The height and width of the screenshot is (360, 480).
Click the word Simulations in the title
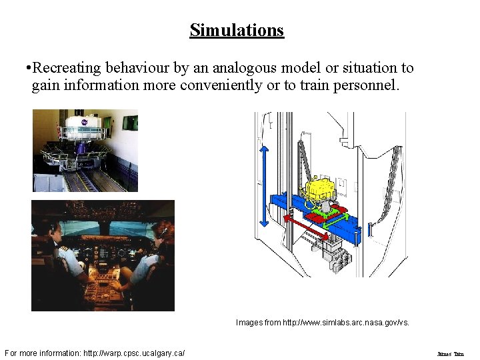pyautogui.click(x=237, y=30)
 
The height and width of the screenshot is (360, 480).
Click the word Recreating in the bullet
pyautogui.click(x=63, y=68)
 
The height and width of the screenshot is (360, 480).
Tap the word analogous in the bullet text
pyautogui.click(x=241, y=68)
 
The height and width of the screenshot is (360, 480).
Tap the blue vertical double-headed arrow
pyautogui.click(x=264, y=186)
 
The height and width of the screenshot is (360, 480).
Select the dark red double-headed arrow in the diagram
pyautogui.click(x=307, y=226)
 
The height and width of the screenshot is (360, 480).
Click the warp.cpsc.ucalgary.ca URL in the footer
pyautogui.click(x=134, y=353)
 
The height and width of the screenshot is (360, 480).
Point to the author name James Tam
pyautogui.click(x=450, y=354)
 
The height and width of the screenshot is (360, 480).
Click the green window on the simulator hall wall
pyautogui.click(x=131, y=122)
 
